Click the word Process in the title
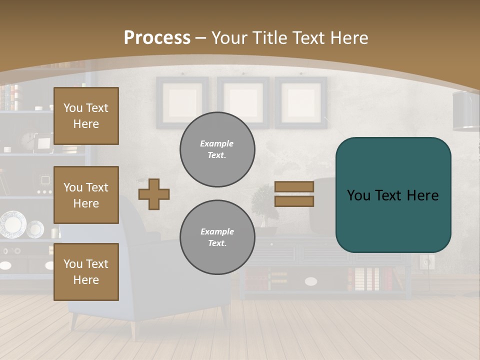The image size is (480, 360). tap(157, 38)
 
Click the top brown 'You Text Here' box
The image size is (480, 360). tap(86, 116)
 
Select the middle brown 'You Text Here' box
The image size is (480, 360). tap(86, 195)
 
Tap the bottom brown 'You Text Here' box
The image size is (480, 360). tap(86, 271)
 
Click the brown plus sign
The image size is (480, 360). tap(154, 194)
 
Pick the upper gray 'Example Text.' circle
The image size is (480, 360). tap(217, 149)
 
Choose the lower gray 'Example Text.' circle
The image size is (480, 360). tap(217, 237)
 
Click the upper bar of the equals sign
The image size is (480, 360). tap(294, 186)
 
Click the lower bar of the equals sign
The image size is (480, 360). tap(294, 201)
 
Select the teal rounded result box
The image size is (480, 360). tap(393, 195)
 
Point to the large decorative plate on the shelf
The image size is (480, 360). tap(12, 224)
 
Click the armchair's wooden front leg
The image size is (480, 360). tap(133, 329)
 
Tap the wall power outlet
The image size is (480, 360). tap(427, 261)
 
